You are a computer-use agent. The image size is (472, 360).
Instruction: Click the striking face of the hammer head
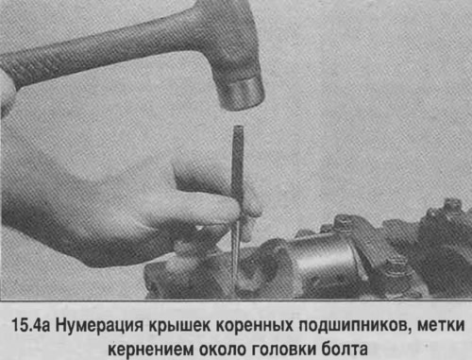tap(243, 95)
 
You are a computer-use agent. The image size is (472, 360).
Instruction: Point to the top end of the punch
tap(238, 128)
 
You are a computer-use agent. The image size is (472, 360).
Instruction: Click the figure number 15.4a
tap(31, 325)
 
